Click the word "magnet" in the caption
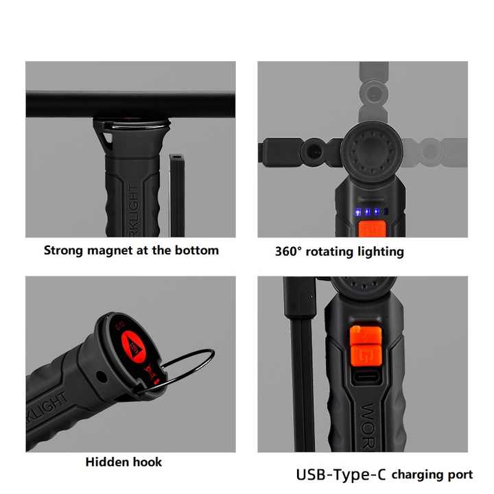(112, 250)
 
